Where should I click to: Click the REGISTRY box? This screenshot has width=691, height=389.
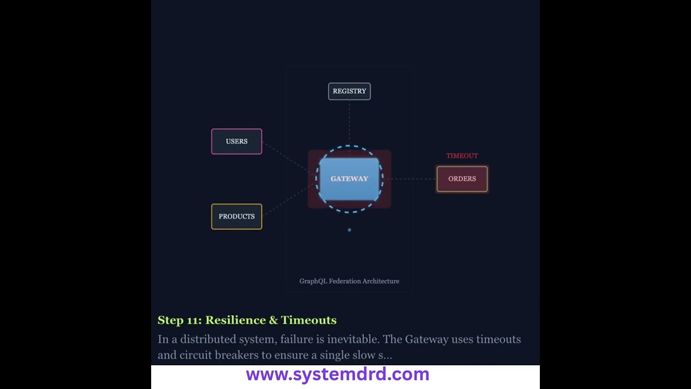[x=349, y=91]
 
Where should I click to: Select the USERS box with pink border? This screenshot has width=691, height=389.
[x=236, y=142]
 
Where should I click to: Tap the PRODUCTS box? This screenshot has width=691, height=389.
[x=236, y=217]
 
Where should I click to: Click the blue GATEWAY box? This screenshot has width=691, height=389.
[x=349, y=179]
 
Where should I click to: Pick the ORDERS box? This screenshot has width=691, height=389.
[x=462, y=179]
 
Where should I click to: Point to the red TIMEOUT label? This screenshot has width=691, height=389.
[x=462, y=156]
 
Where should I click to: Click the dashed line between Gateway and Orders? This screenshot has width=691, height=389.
[x=410, y=179]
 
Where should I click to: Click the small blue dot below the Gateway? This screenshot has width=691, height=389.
[x=349, y=230]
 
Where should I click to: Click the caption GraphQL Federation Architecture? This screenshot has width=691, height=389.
[x=349, y=281]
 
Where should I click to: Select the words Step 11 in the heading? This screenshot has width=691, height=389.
[x=180, y=320]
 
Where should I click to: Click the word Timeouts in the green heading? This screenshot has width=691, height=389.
[x=308, y=320]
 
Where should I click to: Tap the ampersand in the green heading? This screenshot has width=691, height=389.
[x=273, y=320]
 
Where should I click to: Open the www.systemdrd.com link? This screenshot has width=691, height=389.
[x=337, y=374]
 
